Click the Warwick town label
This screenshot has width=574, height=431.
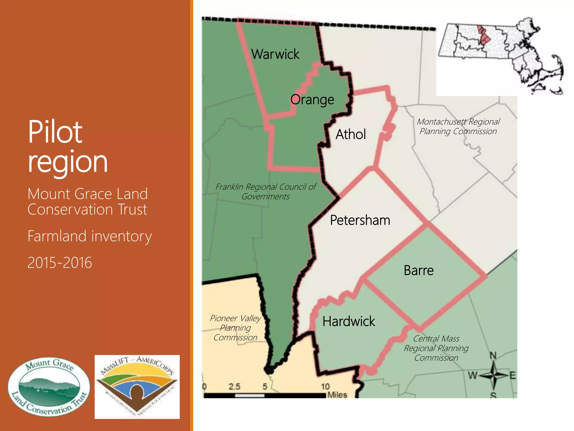pyautogui.click(x=275, y=54)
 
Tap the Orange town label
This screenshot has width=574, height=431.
pyautogui.click(x=312, y=100)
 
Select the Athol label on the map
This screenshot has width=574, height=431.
pyautogui.click(x=351, y=134)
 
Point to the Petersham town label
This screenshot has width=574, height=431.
pyautogui.click(x=360, y=220)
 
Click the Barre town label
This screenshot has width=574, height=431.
pyautogui.click(x=419, y=270)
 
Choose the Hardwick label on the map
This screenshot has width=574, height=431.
pyautogui.click(x=349, y=321)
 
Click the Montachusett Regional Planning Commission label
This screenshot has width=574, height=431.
pyautogui.click(x=458, y=126)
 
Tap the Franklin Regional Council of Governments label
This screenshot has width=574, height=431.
pyautogui.click(x=266, y=191)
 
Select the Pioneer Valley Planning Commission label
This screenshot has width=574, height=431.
pyautogui.click(x=235, y=328)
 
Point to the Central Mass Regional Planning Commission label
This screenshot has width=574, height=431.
pyautogui.click(x=436, y=348)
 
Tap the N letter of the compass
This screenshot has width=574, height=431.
pyautogui.click(x=493, y=356)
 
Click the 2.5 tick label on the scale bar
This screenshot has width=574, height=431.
pyautogui.click(x=234, y=386)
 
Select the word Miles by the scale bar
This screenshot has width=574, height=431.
pyautogui.click(x=337, y=395)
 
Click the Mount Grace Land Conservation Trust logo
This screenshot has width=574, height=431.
pyautogui.click(x=49, y=387)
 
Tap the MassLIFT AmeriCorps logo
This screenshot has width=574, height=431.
pyautogui.click(x=137, y=387)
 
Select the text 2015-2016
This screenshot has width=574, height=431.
pyautogui.click(x=60, y=263)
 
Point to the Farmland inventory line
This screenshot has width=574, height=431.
pyautogui.click(x=90, y=236)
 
